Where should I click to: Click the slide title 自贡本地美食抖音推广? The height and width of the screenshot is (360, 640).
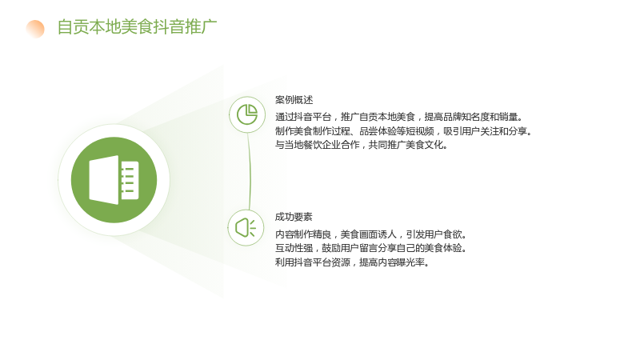[x=137, y=27]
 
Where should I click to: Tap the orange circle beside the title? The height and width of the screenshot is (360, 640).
[x=35, y=29]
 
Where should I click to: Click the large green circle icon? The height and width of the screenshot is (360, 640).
[x=114, y=180]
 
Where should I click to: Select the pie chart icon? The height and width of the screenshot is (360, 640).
[x=247, y=114]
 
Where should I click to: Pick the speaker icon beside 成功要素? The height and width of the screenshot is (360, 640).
[x=246, y=228]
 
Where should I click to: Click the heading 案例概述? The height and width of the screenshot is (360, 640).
[x=294, y=100]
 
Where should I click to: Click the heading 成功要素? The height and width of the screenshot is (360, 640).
[x=294, y=217]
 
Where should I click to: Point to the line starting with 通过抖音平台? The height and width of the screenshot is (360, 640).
[x=398, y=117]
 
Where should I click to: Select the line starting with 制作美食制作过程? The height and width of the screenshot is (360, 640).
[x=403, y=131]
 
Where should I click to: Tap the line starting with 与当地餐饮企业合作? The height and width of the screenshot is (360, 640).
[x=362, y=145]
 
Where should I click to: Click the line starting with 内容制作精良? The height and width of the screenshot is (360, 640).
[x=370, y=234]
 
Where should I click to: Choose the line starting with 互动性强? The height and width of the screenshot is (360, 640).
[x=370, y=248]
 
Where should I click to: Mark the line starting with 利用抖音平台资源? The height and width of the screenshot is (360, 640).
[x=352, y=262]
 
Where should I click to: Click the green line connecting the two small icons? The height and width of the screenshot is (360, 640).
[x=249, y=171]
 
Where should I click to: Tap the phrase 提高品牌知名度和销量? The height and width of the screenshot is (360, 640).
[x=474, y=117]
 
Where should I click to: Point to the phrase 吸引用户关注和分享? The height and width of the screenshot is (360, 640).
[x=487, y=131]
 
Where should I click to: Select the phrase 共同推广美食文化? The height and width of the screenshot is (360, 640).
[x=408, y=145]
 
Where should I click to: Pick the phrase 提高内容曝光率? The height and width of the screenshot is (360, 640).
[x=394, y=262]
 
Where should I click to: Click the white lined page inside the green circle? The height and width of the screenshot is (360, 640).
[x=130, y=180]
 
